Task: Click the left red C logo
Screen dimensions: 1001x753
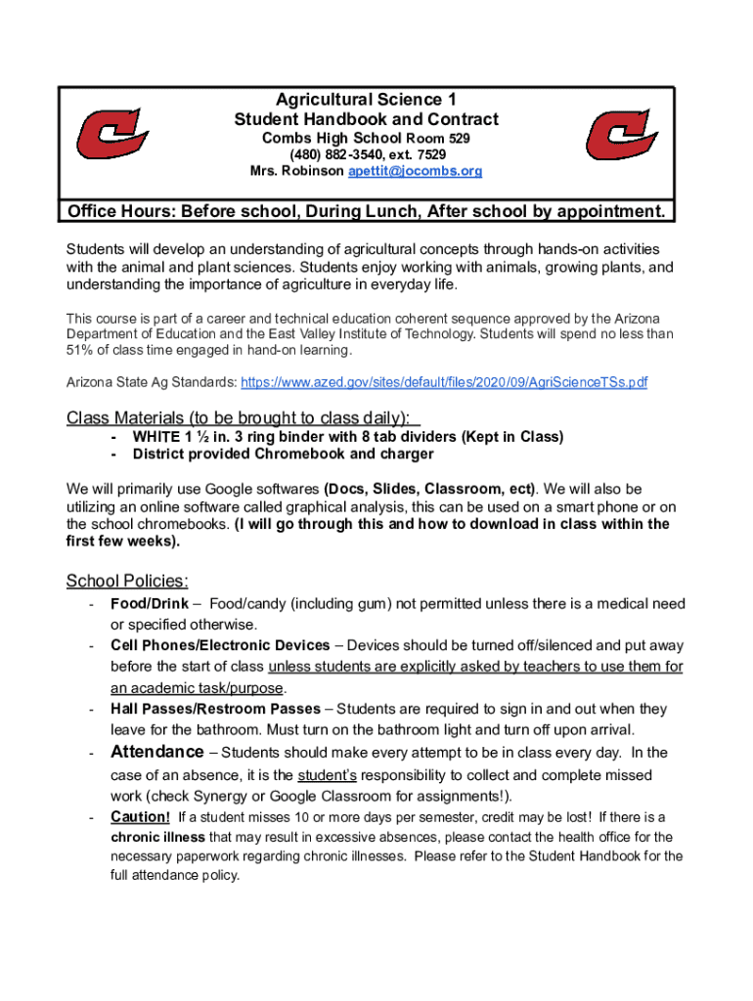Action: (113, 135)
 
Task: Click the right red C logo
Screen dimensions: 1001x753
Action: (622, 135)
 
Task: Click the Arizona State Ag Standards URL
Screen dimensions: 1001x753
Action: (444, 382)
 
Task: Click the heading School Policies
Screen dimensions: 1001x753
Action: (127, 582)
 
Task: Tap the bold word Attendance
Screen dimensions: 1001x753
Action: (157, 753)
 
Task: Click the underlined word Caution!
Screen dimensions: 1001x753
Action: (141, 817)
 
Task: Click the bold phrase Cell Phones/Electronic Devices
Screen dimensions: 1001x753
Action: (220, 645)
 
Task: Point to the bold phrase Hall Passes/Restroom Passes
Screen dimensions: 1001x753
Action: (215, 709)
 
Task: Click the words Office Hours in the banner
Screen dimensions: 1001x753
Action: (119, 212)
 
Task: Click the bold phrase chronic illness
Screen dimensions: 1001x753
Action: (157, 837)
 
